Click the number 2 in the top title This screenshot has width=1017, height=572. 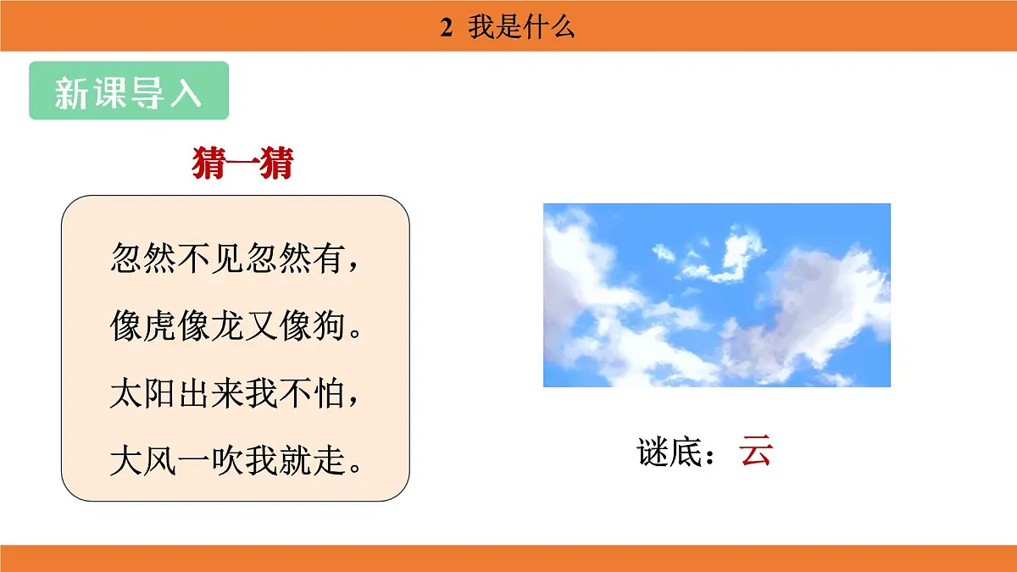447,27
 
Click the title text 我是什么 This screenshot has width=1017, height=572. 521,27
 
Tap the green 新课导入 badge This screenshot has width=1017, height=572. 129,91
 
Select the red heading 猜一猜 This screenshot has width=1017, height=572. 242,163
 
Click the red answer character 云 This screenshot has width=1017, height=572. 755,452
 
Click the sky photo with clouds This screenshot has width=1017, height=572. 716,295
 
